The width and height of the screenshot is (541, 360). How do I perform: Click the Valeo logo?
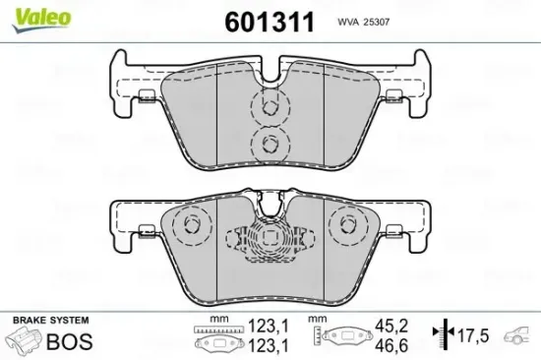[28, 14]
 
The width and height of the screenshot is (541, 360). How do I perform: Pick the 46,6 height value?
[393, 343]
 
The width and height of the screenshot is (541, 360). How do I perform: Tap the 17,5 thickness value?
[476, 335]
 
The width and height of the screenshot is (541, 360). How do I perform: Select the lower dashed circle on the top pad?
[266, 145]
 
